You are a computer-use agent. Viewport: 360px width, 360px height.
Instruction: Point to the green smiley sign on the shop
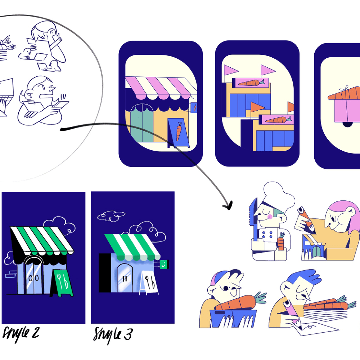pos(163,264)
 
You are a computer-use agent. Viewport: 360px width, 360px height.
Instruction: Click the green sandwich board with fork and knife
pos(62,283)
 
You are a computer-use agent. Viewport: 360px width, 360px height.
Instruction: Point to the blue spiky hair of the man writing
pos(303,277)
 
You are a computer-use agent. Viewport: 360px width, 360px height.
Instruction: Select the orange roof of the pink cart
pos(345,93)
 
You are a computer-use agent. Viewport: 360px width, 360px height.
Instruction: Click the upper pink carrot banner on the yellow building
pos(250,83)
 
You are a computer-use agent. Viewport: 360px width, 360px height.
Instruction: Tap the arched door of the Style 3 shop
pos(125,278)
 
